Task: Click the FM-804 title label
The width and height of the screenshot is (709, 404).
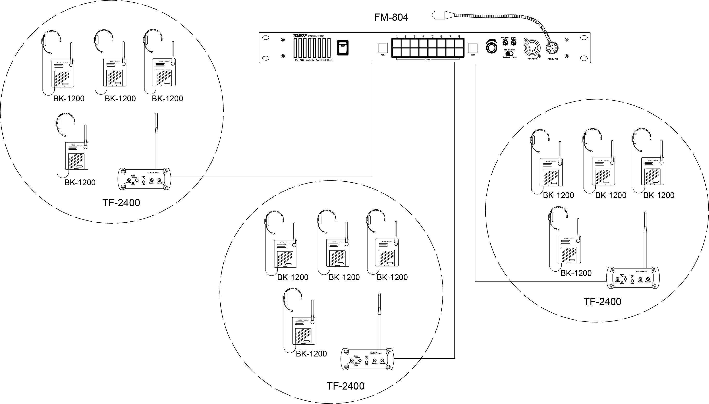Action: click(x=391, y=17)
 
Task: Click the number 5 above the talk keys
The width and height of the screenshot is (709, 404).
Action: click(x=432, y=36)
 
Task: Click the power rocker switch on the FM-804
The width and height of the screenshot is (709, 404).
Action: click(x=343, y=48)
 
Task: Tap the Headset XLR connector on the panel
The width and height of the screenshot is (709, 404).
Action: click(x=532, y=48)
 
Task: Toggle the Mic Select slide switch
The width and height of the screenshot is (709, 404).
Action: click(x=509, y=53)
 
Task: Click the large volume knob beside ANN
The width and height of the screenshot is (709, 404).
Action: click(x=491, y=47)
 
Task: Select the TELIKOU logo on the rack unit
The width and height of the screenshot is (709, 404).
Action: click(x=300, y=35)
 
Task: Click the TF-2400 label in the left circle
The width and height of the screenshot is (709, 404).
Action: click(x=121, y=203)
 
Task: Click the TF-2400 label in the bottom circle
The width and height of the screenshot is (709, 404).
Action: click(x=345, y=386)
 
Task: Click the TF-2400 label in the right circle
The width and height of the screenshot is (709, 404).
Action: click(x=602, y=301)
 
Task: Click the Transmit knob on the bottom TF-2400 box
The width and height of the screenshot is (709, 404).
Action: click(x=382, y=361)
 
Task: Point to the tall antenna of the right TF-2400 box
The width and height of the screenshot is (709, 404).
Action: click(x=645, y=239)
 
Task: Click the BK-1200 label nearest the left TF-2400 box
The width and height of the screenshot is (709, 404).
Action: click(x=80, y=183)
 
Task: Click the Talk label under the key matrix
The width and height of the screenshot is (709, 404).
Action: click(x=428, y=60)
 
